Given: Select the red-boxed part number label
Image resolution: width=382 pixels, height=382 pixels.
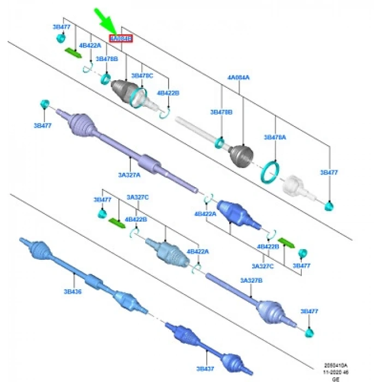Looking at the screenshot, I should (121, 39).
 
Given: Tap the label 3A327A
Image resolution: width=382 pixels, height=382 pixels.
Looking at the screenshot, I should (130, 175).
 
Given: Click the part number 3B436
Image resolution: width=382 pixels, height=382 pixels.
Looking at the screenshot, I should (73, 291).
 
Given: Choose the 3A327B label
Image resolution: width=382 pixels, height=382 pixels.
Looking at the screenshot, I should (252, 280).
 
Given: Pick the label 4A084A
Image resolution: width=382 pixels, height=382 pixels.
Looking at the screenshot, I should (238, 77).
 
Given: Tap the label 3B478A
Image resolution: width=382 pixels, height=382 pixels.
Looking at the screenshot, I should (274, 138).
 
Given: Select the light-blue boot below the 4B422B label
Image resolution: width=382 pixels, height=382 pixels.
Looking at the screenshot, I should (167, 251).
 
